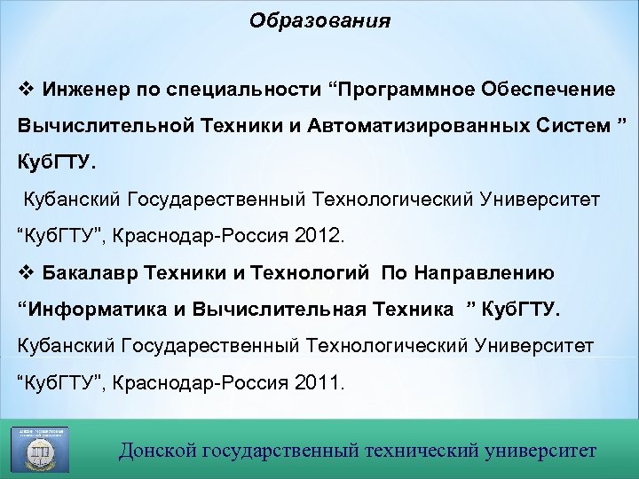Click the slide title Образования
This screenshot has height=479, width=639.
point(319,20)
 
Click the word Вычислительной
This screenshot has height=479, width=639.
point(103,125)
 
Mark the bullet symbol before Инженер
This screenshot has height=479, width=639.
point(24,90)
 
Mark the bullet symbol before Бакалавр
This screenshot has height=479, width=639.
point(24,272)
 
